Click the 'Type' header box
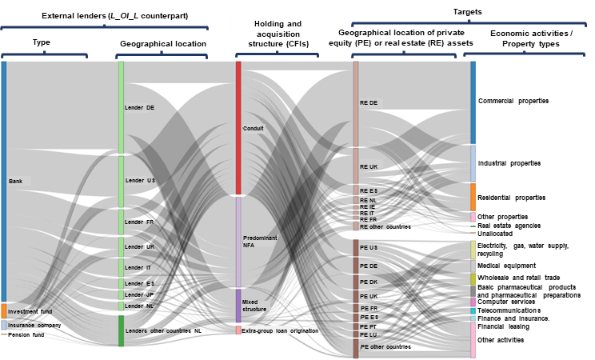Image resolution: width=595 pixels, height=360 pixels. (x=42, y=42)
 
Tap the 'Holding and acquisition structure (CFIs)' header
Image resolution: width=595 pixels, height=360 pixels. (x=278, y=34)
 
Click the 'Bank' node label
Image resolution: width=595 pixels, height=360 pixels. (x=16, y=182)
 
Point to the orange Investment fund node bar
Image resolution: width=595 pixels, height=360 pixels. (x=3, y=311)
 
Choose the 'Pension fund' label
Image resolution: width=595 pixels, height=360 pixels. (x=26, y=335)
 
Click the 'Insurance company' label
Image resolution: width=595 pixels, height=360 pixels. (x=34, y=326)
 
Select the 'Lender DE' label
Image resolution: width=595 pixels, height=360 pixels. (x=140, y=107)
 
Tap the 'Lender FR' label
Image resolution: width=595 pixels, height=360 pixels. (x=139, y=222)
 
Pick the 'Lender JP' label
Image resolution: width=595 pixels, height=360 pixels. (x=139, y=294)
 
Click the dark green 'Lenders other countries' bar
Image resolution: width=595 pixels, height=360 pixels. (x=121, y=330)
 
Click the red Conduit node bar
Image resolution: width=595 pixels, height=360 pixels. (x=238, y=127)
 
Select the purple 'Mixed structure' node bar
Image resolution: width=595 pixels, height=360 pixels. (x=238, y=305)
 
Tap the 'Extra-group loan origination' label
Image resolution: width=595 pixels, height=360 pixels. (x=280, y=330)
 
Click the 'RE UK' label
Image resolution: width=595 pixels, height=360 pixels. (x=369, y=167)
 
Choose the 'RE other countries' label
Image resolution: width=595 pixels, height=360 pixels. (x=385, y=226)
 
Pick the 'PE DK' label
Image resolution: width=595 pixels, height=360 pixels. (x=369, y=282)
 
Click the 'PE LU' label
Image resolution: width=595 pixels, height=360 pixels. (x=368, y=334)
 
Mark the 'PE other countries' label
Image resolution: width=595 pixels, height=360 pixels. (x=385, y=347)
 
